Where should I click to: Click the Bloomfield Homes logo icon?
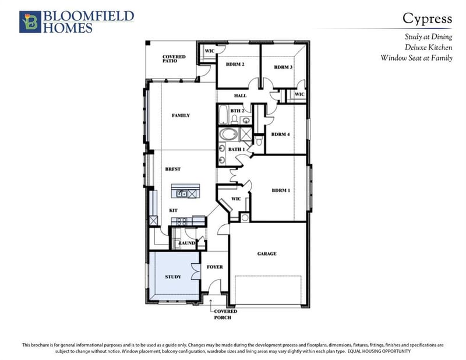point(30,22)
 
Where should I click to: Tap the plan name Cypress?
point(428,19)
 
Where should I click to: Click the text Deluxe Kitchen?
point(429,47)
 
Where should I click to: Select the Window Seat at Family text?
point(416,58)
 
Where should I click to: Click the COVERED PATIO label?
point(174,59)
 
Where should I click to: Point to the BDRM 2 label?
point(235,64)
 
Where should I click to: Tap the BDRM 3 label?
point(283,67)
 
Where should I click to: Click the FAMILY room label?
point(181,115)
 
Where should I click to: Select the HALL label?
point(240,96)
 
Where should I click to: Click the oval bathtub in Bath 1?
point(228,135)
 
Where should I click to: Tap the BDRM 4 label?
point(281,135)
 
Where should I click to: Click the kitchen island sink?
point(182,194)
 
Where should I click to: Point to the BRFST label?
point(173,169)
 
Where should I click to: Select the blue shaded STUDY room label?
point(173,277)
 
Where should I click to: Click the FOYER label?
point(215,267)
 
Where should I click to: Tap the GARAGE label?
point(267,253)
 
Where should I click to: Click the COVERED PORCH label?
point(225,314)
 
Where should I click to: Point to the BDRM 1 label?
point(281,190)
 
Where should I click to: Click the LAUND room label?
point(187,243)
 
